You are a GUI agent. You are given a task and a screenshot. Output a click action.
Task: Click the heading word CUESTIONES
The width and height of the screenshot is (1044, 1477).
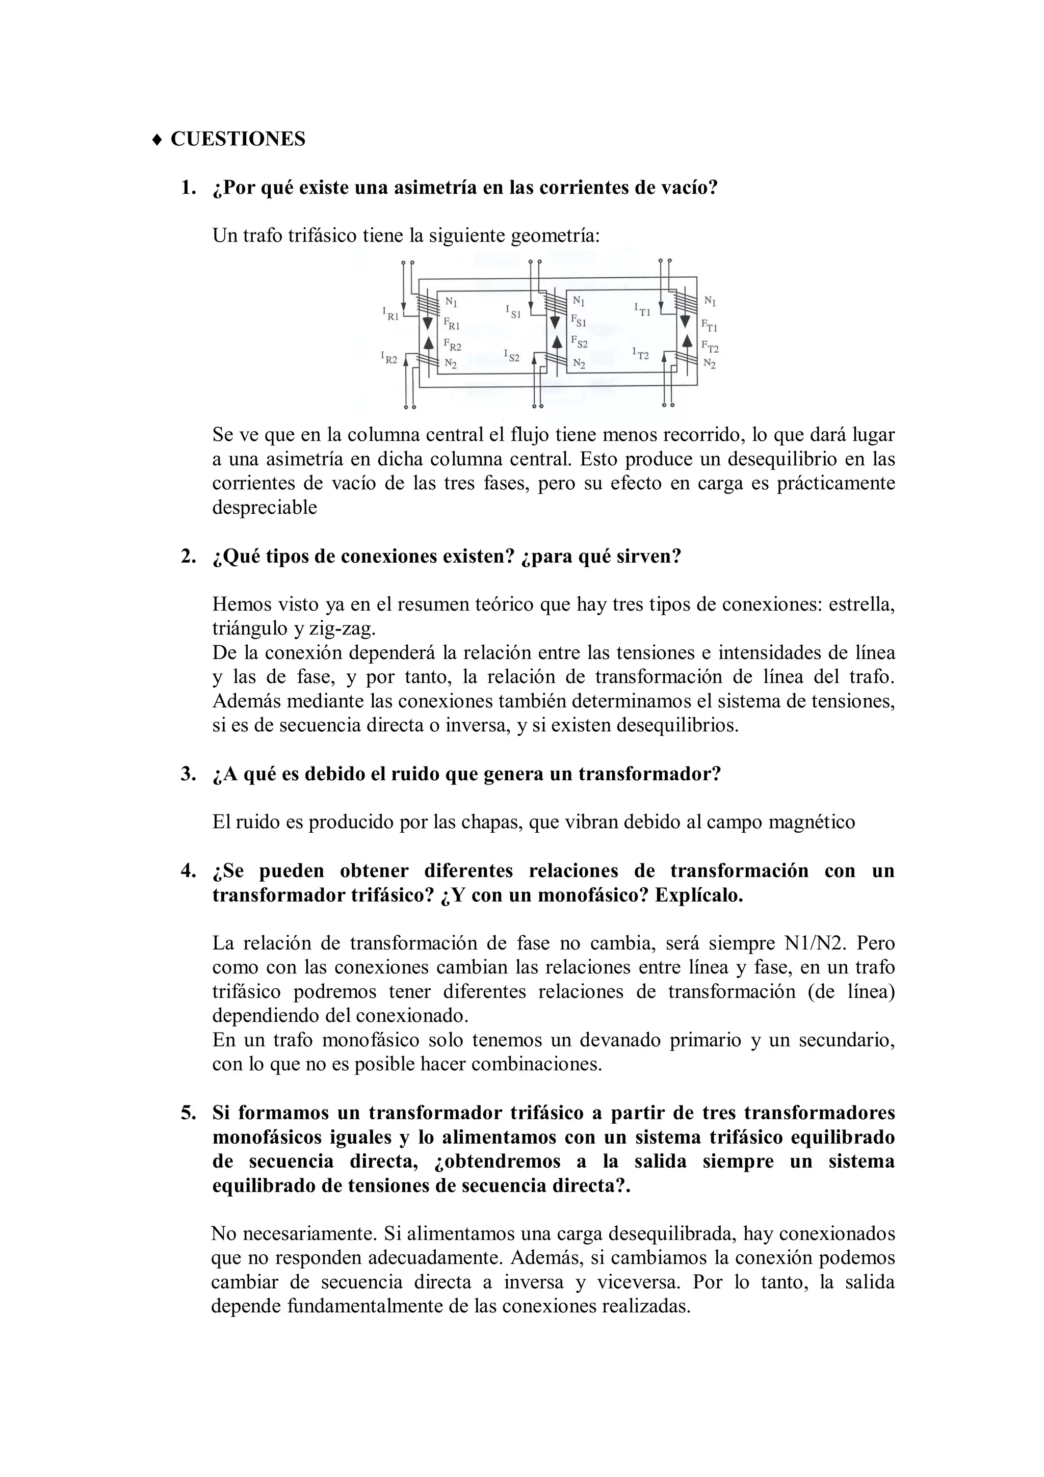[238, 139]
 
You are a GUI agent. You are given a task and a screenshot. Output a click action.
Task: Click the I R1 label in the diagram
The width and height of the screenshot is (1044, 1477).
[390, 314]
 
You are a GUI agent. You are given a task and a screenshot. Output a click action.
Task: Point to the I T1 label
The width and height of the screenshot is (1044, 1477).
[642, 310]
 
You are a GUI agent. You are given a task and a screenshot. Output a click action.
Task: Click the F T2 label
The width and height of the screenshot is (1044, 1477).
[710, 348]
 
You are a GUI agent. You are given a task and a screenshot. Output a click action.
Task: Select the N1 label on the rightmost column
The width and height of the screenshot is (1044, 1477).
[710, 300]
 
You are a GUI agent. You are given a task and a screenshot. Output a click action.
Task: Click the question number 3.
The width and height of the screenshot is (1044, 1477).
[187, 774]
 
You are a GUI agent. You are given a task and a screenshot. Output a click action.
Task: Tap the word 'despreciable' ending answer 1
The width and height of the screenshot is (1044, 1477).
[265, 508]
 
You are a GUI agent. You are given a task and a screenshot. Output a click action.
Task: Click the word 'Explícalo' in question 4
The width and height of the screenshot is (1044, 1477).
[698, 895]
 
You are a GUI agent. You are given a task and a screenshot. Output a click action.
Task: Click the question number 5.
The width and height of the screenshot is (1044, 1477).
[187, 1113]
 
